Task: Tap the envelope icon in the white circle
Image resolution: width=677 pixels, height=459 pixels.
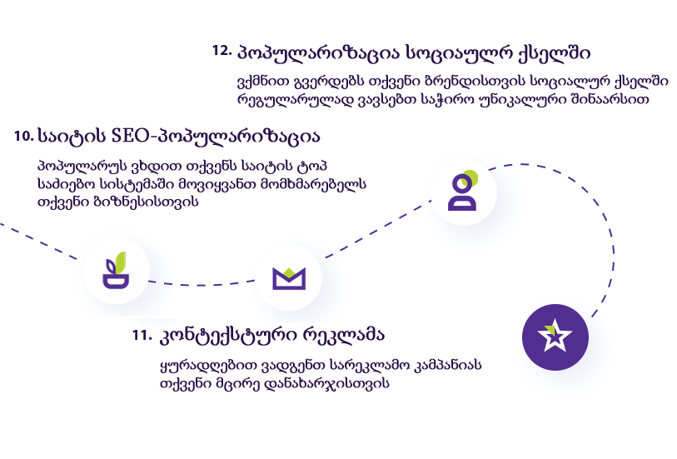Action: pos(288,278)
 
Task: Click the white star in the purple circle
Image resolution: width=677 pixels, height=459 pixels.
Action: pos(554,337)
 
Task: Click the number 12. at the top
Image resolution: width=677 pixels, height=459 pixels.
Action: pos(222,51)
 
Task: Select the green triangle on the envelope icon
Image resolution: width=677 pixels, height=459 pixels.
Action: pos(288,271)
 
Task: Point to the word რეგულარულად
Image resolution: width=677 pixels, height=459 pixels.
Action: pos(287,99)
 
